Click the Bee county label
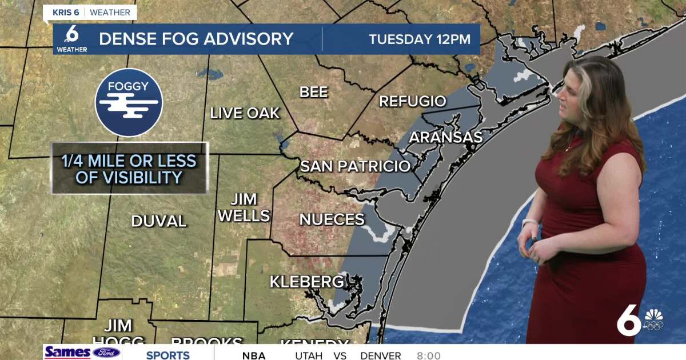[314, 92]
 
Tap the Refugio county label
[413, 102]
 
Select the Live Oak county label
[245, 113]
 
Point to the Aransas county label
[446, 137]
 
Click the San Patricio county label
[356, 166]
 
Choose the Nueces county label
[332, 219]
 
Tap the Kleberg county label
[307, 282]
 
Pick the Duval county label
[159, 221]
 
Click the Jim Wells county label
[244, 207]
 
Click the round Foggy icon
[129, 102]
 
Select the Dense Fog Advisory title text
[196, 39]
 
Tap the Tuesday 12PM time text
[420, 39]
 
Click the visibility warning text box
[129, 169]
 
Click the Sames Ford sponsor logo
[82, 353]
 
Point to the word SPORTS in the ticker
[167, 355]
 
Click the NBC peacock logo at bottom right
[653, 321]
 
